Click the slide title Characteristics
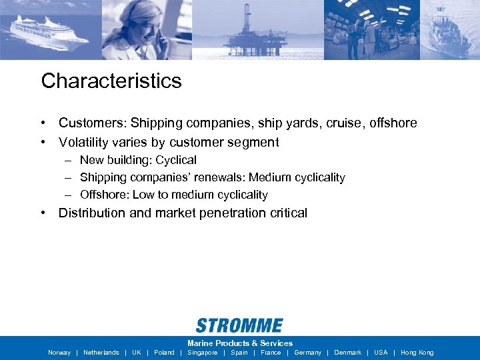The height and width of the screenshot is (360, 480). point(111,81)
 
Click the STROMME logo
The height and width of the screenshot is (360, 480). point(239,325)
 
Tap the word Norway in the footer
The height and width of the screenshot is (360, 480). point(59,353)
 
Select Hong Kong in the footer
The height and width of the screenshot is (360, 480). point(417,353)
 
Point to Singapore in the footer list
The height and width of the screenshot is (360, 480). point(202,353)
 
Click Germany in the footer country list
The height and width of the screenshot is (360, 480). point(307,353)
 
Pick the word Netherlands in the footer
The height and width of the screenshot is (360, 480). point(101,353)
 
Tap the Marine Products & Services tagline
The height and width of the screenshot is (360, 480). point(240,343)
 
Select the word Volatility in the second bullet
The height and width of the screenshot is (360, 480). point(82,143)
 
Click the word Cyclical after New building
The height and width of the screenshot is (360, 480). point(176,160)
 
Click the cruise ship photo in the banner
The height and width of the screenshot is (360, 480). point(50,30)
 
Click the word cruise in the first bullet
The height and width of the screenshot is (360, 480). point(341,123)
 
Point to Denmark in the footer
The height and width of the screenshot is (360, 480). point(347,353)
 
